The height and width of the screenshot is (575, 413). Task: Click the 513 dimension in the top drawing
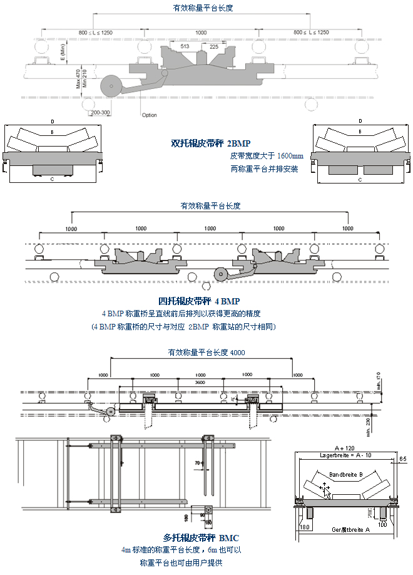(185, 46)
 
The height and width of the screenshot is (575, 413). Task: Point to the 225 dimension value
(215, 46)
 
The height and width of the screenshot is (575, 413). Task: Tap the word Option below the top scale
(150, 115)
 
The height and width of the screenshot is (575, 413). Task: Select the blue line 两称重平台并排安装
(264, 168)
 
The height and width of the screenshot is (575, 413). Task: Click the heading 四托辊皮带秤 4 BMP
(199, 301)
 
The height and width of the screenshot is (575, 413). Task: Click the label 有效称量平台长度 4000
(206, 353)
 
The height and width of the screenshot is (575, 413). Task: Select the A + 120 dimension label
(344, 448)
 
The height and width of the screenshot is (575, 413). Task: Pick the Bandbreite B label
(347, 474)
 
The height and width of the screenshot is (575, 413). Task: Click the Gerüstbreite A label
(350, 529)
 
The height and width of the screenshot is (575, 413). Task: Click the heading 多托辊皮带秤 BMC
(201, 537)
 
